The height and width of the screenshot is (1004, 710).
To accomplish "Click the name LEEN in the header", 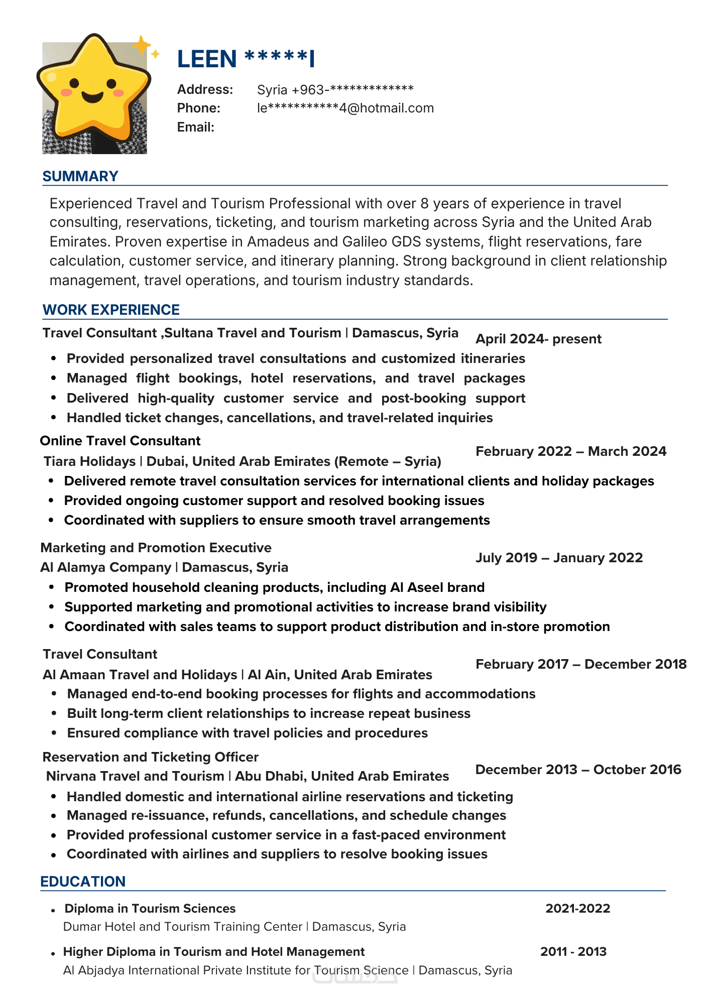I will tap(207, 59).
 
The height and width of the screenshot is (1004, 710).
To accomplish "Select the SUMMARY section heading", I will tap(80, 176).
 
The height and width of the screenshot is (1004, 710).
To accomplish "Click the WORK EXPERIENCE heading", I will tap(111, 310).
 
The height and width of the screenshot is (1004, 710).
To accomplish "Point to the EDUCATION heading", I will tap(83, 882).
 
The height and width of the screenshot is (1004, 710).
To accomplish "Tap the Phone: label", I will tap(199, 108).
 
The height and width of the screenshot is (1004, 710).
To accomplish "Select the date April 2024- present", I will tap(538, 339).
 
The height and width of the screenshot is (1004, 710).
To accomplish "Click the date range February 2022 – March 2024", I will tap(571, 451).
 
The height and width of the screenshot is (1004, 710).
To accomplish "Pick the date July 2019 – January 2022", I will tap(559, 558).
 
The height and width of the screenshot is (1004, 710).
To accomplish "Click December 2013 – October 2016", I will tap(578, 770).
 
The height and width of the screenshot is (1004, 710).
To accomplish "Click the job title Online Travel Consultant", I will tap(120, 441).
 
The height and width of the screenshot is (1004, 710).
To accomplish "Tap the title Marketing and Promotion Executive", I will tap(156, 548).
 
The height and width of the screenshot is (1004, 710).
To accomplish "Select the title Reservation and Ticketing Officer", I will tap(151, 757).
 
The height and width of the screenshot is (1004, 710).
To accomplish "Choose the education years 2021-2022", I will tap(578, 909).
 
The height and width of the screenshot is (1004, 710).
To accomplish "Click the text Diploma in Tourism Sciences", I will tap(150, 909).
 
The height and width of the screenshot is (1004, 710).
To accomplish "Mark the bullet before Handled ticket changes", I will tap(54, 418).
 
